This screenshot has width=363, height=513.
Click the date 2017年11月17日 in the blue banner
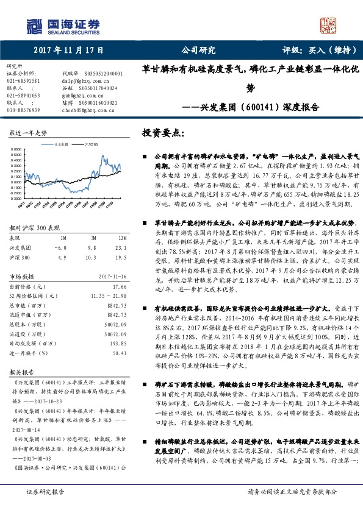[x=68, y=51]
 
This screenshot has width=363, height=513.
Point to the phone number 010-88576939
[x=23, y=110]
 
